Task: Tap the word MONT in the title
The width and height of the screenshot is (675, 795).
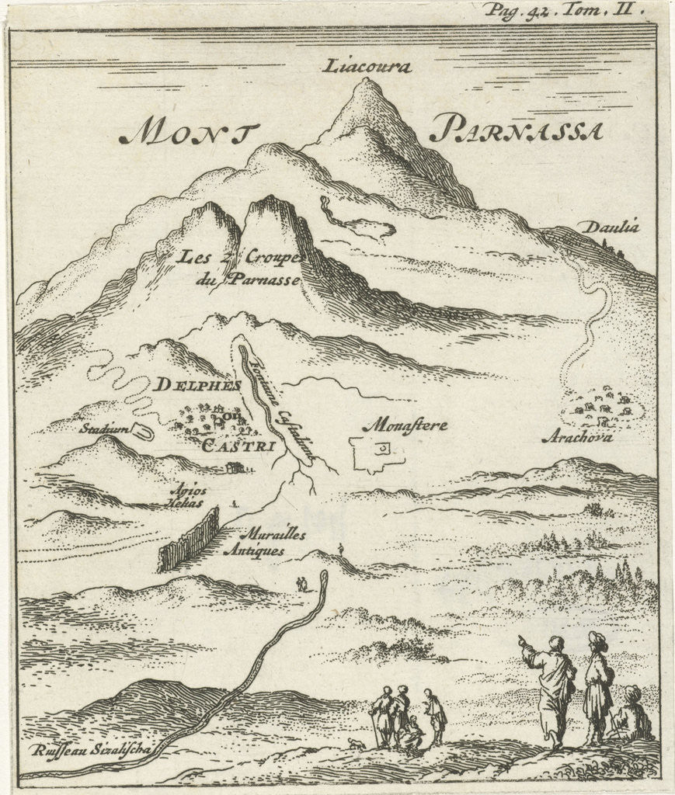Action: point(184,134)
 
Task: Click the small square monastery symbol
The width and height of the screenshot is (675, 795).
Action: point(382,449)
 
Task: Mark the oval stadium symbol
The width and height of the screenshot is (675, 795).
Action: point(141,430)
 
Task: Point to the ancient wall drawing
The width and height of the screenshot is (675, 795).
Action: point(189,540)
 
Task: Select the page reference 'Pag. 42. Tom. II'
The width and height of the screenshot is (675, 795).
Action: point(558,10)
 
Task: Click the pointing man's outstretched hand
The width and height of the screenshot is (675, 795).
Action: point(522,641)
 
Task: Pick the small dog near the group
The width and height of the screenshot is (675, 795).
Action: point(355,744)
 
